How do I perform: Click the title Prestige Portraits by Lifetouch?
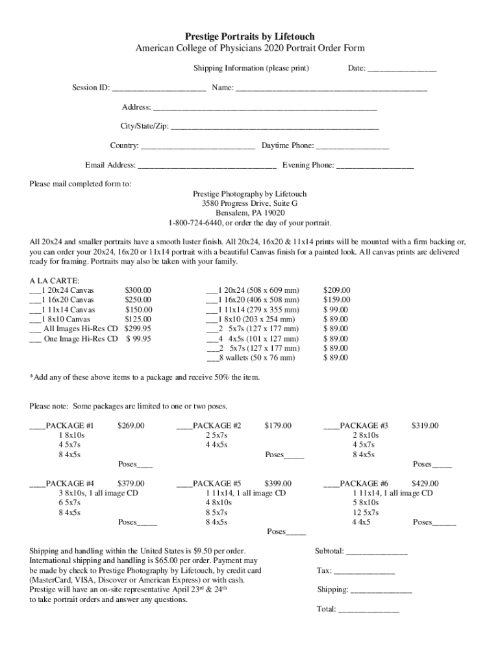[250, 37]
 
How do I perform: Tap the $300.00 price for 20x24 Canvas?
[138, 290]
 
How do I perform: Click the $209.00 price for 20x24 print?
[336, 290]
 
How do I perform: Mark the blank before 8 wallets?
[212, 358]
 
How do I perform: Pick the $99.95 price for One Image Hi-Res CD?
[138, 338]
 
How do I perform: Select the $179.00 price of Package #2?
[278, 426]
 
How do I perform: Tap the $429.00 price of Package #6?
[425, 484]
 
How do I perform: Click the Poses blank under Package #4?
[147, 523]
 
